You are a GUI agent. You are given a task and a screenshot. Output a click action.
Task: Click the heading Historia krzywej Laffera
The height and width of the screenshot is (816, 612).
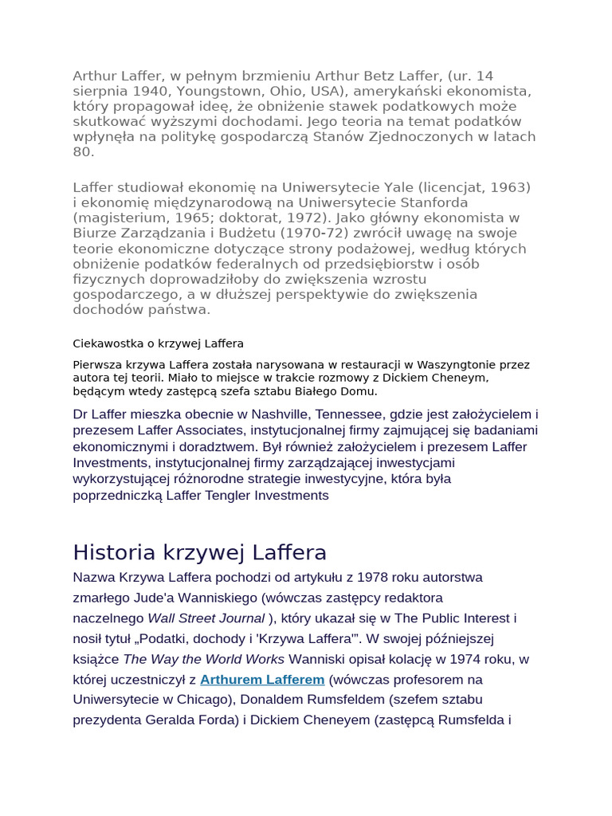click(x=199, y=552)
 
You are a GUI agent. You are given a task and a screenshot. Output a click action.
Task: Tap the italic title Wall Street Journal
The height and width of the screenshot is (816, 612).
click(x=206, y=618)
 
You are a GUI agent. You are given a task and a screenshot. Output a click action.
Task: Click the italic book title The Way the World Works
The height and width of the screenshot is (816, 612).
click(x=203, y=659)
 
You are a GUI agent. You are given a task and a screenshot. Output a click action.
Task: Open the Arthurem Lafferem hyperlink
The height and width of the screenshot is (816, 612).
click(x=262, y=680)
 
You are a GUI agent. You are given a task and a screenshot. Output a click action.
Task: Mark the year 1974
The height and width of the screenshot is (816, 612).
click(x=465, y=659)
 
